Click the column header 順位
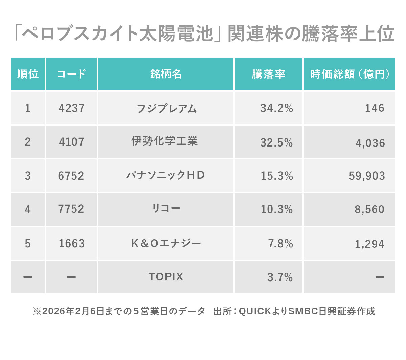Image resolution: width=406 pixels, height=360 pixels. tap(28, 74)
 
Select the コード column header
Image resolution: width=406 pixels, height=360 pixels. tap(71, 74)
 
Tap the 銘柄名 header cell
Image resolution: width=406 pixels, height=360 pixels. tap(166, 74)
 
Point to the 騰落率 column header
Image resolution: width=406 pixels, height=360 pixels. tap(269, 74)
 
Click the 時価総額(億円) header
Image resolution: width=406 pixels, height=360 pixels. tap(349, 74)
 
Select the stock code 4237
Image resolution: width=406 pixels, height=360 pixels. tap(71, 108)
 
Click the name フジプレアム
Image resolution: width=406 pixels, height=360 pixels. tap(166, 108)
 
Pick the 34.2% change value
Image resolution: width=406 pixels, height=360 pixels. tap(276, 108)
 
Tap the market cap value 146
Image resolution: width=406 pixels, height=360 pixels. tap(375, 108)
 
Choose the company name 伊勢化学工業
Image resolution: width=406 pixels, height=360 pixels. tap(164, 141)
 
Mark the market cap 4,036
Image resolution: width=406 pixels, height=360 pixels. tap(370, 143)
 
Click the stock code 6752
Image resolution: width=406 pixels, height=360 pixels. tap(71, 176)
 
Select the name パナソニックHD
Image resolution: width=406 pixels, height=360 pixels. tap(165, 175)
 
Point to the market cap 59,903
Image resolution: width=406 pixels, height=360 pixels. tap(367, 176)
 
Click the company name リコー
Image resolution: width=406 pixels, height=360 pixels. tap(166, 208)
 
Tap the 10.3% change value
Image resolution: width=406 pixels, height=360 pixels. tap(276, 209)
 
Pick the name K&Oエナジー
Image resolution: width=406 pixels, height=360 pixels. tap(166, 243)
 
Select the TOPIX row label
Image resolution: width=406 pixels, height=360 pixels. tap(166, 277)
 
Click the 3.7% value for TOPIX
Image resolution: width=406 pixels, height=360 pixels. tap(280, 277)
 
